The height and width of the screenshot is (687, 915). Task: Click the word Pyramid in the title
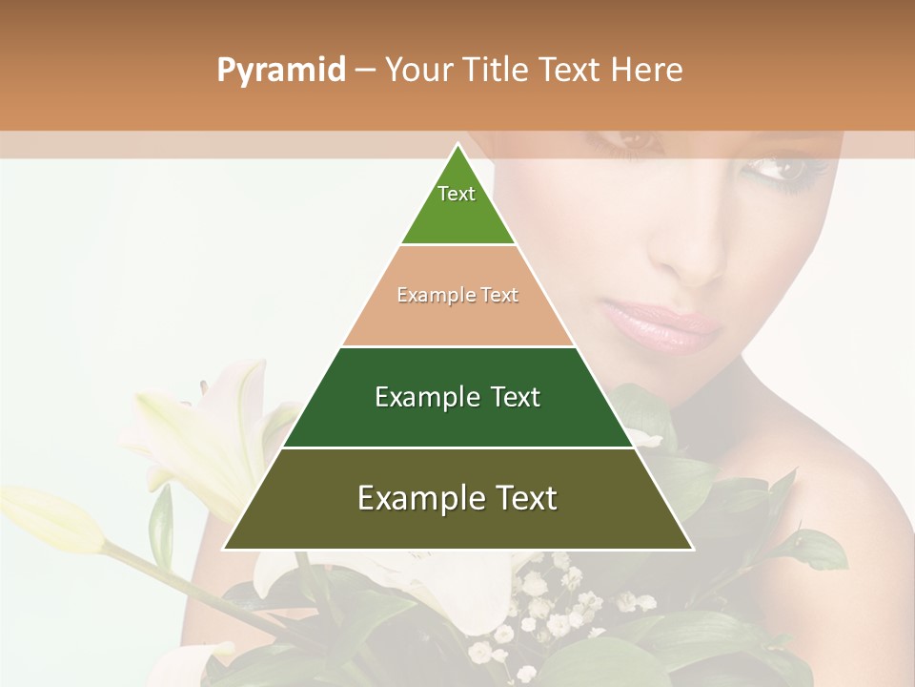(280, 70)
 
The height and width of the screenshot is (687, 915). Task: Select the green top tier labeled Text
(457, 205)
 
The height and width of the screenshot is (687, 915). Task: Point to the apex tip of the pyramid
(458, 145)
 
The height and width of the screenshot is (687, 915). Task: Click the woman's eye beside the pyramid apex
(630, 143)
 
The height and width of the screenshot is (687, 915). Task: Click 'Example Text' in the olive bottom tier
(457, 498)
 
